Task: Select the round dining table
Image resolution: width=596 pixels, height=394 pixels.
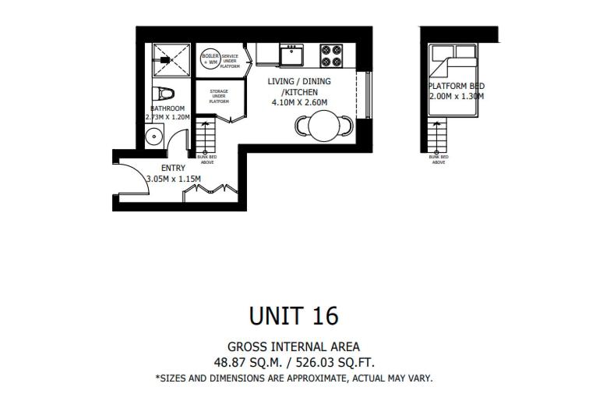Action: (322, 125)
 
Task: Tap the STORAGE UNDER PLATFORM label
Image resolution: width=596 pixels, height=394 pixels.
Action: (219, 96)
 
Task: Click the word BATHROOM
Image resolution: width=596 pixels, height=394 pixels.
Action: (168, 108)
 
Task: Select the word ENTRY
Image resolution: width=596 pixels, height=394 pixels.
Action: (173, 168)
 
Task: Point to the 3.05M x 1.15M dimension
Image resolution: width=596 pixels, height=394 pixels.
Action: (173, 179)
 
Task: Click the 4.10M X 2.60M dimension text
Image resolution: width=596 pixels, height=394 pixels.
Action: (299, 102)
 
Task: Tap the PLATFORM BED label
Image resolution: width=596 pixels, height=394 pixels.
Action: (456, 86)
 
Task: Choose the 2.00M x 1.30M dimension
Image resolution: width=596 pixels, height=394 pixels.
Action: (456, 97)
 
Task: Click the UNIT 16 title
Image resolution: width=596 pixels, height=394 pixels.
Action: (294, 315)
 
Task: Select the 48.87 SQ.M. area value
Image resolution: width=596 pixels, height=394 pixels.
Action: (249, 362)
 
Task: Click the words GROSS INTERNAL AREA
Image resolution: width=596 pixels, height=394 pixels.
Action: (294, 346)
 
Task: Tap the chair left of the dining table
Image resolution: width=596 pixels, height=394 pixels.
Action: (301, 125)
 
